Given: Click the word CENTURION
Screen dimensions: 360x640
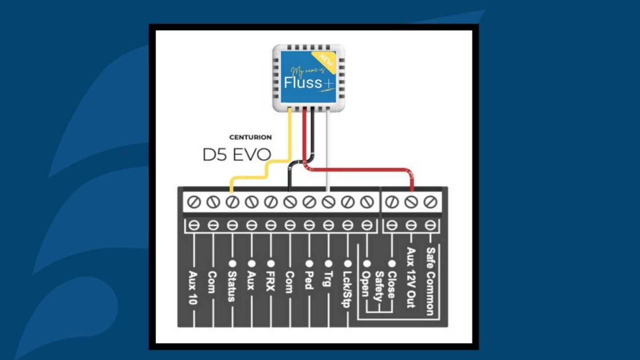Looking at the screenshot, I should [x=250, y=137].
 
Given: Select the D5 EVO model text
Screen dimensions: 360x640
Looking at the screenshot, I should [x=236, y=155].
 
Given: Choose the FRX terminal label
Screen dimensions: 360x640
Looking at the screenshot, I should [x=270, y=281].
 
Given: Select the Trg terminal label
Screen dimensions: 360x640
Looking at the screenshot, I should [x=328, y=279].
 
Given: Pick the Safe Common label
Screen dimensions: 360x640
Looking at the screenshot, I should [x=430, y=281].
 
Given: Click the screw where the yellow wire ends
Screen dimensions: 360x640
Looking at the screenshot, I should [x=231, y=202].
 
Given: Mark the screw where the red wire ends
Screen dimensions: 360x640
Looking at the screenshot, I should [x=411, y=202].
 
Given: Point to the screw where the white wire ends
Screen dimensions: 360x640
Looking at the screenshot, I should [x=328, y=202].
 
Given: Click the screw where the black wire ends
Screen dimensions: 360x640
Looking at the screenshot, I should [x=289, y=202].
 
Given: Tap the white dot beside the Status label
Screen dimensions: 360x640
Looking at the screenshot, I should [x=231, y=264].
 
